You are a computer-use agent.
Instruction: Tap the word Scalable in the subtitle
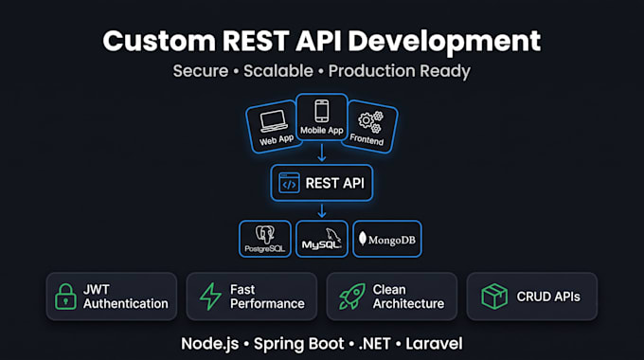point(278,71)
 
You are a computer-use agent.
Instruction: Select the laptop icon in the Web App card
point(274,121)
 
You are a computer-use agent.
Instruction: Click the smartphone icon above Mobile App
point(322,111)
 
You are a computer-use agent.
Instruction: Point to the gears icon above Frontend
point(370,122)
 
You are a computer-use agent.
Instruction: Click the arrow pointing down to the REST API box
point(322,153)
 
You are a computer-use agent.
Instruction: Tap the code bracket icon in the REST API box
point(289,183)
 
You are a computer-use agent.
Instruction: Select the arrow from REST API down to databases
point(322,210)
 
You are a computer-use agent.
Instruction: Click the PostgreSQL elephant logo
point(265,235)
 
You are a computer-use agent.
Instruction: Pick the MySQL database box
point(322,239)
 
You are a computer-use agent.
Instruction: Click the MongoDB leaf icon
point(362,239)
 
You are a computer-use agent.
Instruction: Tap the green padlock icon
point(65,297)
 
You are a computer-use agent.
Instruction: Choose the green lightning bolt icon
point(210,297)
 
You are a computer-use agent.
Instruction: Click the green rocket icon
point(352,297)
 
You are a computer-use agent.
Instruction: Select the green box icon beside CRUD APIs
point(494,297)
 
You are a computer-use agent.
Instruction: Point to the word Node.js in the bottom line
point(210,344)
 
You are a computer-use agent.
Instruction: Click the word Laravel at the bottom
point(434,344)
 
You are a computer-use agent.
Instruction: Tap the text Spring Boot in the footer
point(298,344)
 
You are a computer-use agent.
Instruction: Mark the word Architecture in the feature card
point(409,304)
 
